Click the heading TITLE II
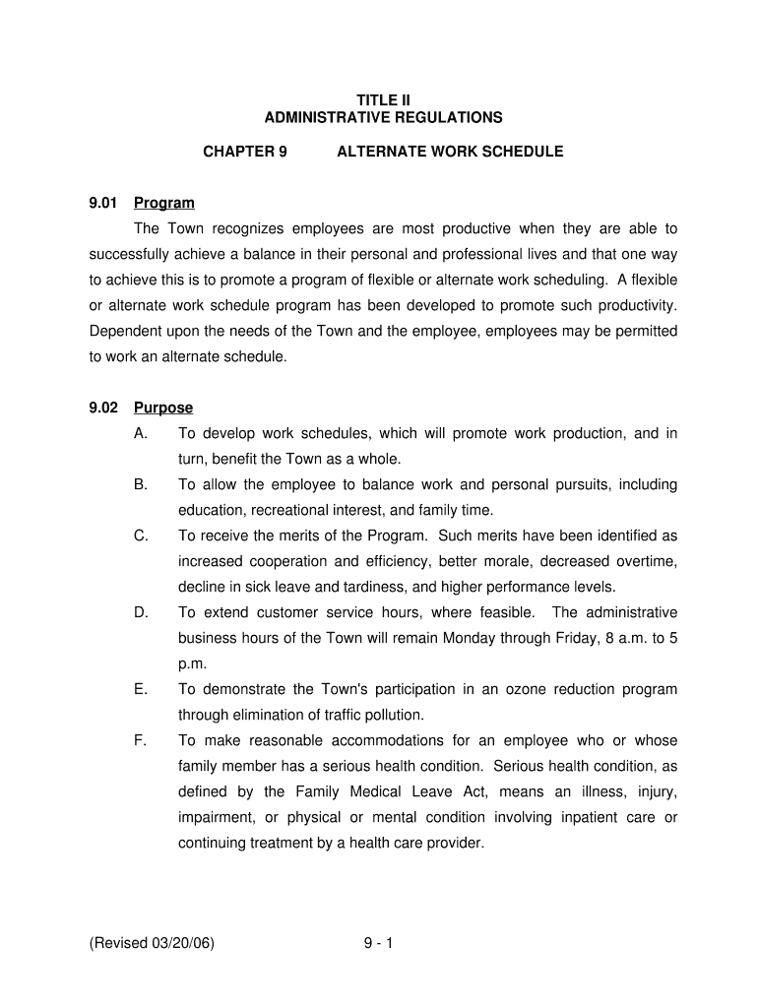click(x=383, y=100)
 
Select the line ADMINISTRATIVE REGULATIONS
click(x=383, y=118)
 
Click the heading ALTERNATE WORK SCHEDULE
click(x=450, y=152)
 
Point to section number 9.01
click(x=103, y=204)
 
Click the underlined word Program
click(x=164, y=204)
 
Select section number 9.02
click(x=103, y=409)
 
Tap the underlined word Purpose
click(x=163, y=409)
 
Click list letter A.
click(x=140, y=434)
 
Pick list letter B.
click(x=140, y=485)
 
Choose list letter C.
click(x=140, y=536)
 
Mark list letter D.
click(x=140, y=612)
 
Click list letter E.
click(x=140, y=689)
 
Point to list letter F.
click(x=140, y=740)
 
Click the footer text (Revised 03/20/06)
click(x=152, y=944)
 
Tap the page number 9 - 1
click(x=378, y=944)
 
